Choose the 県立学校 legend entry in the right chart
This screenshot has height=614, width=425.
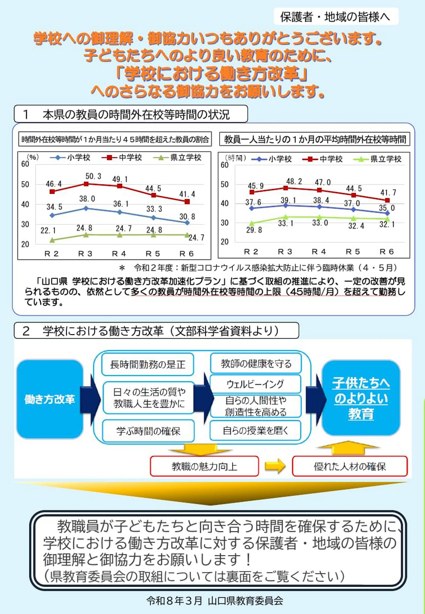tap(382, 159)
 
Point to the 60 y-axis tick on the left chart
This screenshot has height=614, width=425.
tap(24, 164)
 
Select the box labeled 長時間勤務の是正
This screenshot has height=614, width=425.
tap(148, 365)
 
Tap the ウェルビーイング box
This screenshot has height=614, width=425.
tap(255, 384)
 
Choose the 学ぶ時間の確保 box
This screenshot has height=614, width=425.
tap(148, 431)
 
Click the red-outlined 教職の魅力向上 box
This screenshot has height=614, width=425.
tap(205, 467)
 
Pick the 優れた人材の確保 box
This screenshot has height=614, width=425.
tap(350, 467)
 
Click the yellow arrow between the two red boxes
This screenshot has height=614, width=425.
tap(276, 466)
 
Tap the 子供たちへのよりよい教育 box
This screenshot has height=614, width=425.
tap(361, 398)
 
